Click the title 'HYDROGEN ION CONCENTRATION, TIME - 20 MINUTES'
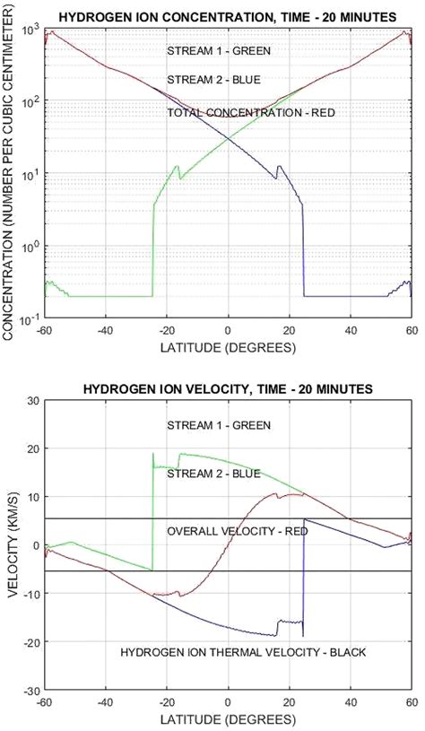tap(228, 15)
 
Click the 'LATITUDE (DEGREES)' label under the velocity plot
tap(228, 719)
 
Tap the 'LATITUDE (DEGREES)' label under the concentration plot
tap(228, 345)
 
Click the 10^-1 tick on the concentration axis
tap(30, 318)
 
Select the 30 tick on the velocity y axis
tap(34, 400)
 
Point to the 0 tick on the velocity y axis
tap(37, 546)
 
